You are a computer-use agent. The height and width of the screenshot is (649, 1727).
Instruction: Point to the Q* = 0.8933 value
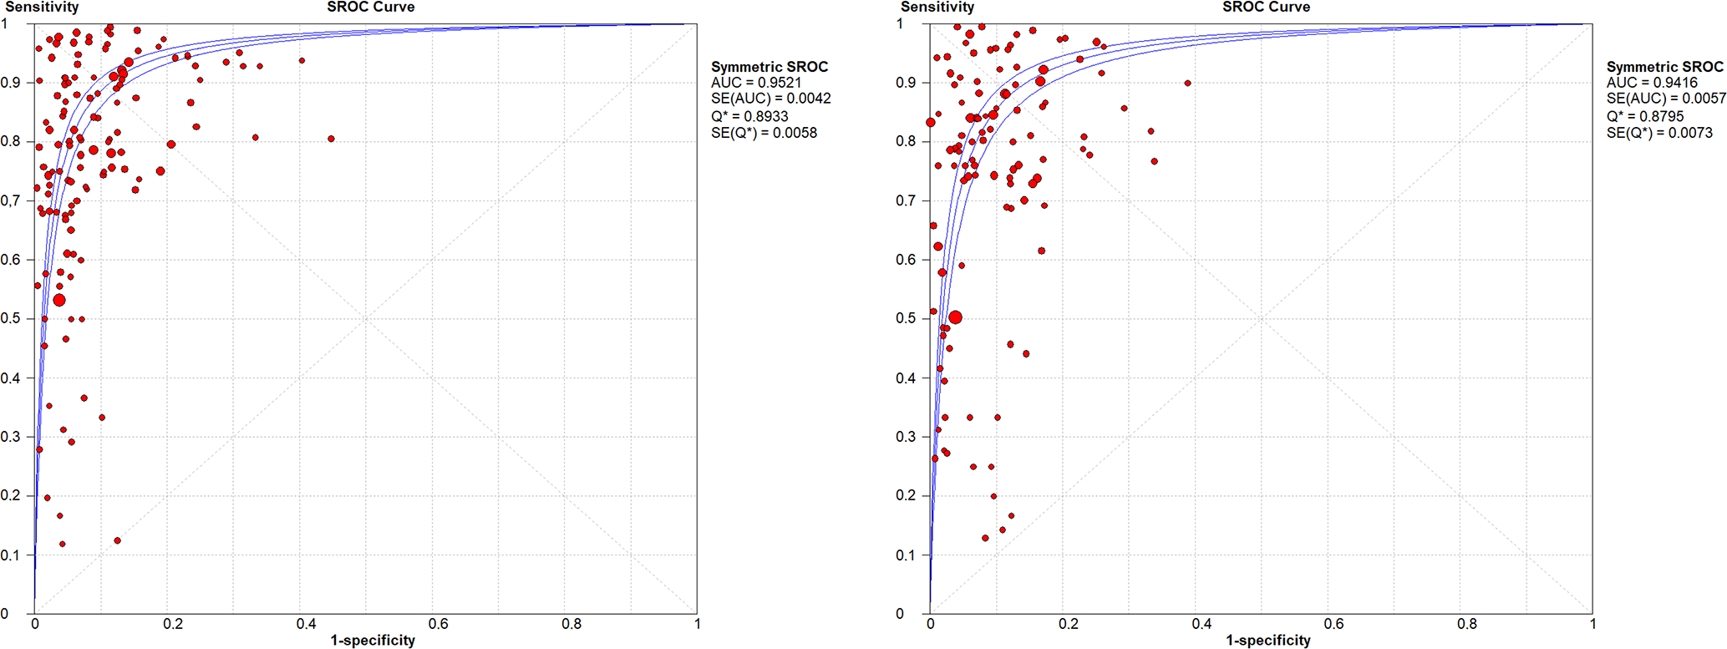pyautogui.click(x=749, y=116)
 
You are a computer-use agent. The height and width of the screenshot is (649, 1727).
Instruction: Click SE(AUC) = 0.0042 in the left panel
pyautogui.click(x=770, y=99)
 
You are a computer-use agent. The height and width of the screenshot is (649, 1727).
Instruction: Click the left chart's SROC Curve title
pyautogui.click(x=370, y=8)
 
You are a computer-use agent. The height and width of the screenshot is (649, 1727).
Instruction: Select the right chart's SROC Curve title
pyautogui.click(x=1266, y=8)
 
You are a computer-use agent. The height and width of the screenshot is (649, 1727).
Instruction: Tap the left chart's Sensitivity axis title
pyautogui.click(x=42, y=8)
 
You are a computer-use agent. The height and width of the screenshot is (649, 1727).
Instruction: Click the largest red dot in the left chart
pyautogui.click(x=58, y=300)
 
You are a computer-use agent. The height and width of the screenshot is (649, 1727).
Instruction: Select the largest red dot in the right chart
pyautogui.click(x=955, y=317)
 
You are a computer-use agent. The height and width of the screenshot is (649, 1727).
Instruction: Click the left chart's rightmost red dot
pyautogui.click(x=332, y=139)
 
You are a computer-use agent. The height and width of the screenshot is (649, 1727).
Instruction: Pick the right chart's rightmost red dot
pyautogui.click(x=1187, y=84)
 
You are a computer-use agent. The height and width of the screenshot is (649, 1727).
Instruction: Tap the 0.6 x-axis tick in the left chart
pyautogui.click(x=439, y=624)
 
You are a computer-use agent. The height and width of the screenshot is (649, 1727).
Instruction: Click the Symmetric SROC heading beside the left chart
pyautogui.click(x=769, y=67)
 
